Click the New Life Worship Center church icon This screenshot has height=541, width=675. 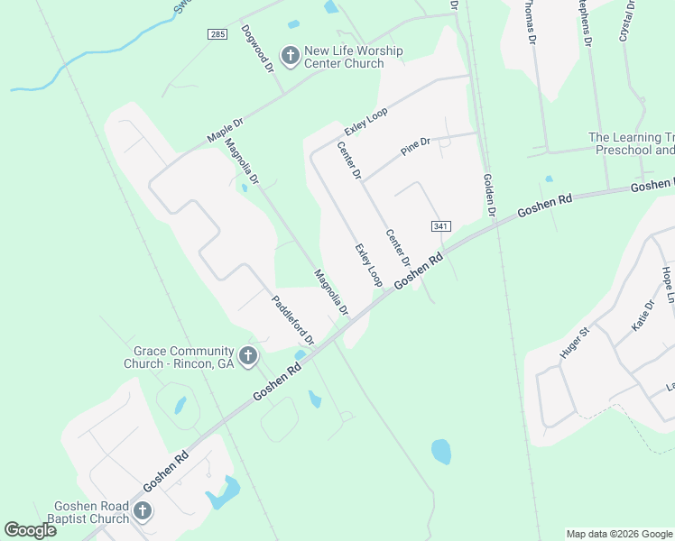pos(291,57)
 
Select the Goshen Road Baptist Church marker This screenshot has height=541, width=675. pos(142,512)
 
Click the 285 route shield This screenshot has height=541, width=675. pos(217,34)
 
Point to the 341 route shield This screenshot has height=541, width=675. pos(440,226)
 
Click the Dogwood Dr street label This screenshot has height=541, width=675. pos(257,49)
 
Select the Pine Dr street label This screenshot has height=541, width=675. pos(416,146)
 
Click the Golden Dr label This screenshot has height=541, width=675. pos(490,195)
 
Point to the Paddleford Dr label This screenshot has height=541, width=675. pos(293,319)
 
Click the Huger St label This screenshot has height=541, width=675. pos(574,344)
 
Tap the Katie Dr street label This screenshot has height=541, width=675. pos(643,316)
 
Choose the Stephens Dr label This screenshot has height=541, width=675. pos(587,23)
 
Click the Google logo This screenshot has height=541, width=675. pos(31,529)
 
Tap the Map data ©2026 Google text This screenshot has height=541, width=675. pos(619,534)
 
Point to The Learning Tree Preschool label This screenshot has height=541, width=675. pos(631,144)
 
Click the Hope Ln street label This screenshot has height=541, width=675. pos(668,283)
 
